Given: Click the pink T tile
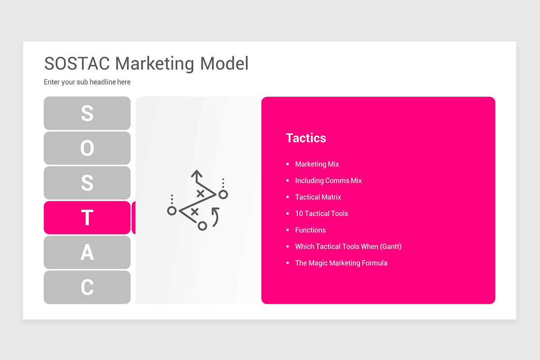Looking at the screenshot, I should (x=87, y=218).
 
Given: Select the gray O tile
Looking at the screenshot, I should (x=87, y=148).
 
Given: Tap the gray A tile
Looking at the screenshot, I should (x=87, y=252).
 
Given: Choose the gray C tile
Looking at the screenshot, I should (x=87, y=287).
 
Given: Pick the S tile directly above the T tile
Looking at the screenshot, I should (x=87, y=183).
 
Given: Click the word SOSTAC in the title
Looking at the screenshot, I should (x=77, y=63).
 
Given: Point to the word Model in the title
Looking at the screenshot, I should (x=224, y=63).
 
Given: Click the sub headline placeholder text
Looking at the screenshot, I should (x=87, y=82).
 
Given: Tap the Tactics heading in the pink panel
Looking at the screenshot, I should (x=306, y=138).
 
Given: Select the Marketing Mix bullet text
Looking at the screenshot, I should (x=317, y=164).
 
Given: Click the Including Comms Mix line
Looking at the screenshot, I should (x=328, y=180).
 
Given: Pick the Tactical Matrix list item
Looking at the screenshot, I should (x=318, y=197).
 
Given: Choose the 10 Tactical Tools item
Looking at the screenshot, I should (x=321, y=213).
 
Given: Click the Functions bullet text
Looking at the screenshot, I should (x=310, y=230).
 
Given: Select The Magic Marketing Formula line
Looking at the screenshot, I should (x=341, y=263).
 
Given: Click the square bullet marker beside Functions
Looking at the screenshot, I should (x=288, y=230).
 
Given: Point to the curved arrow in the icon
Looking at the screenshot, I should (x=216, y=217).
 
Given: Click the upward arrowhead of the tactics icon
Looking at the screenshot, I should (x=196, y=173).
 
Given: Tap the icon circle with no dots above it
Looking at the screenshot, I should (x=202, y=225).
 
